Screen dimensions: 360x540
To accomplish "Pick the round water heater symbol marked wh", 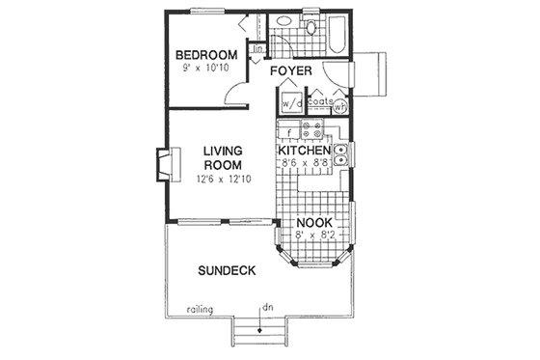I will tap(338, 108).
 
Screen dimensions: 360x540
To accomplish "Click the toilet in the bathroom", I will tap(310, 30).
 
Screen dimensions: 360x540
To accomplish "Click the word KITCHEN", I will tap(305, 152).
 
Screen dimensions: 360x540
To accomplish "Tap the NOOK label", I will tap(314, 222).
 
